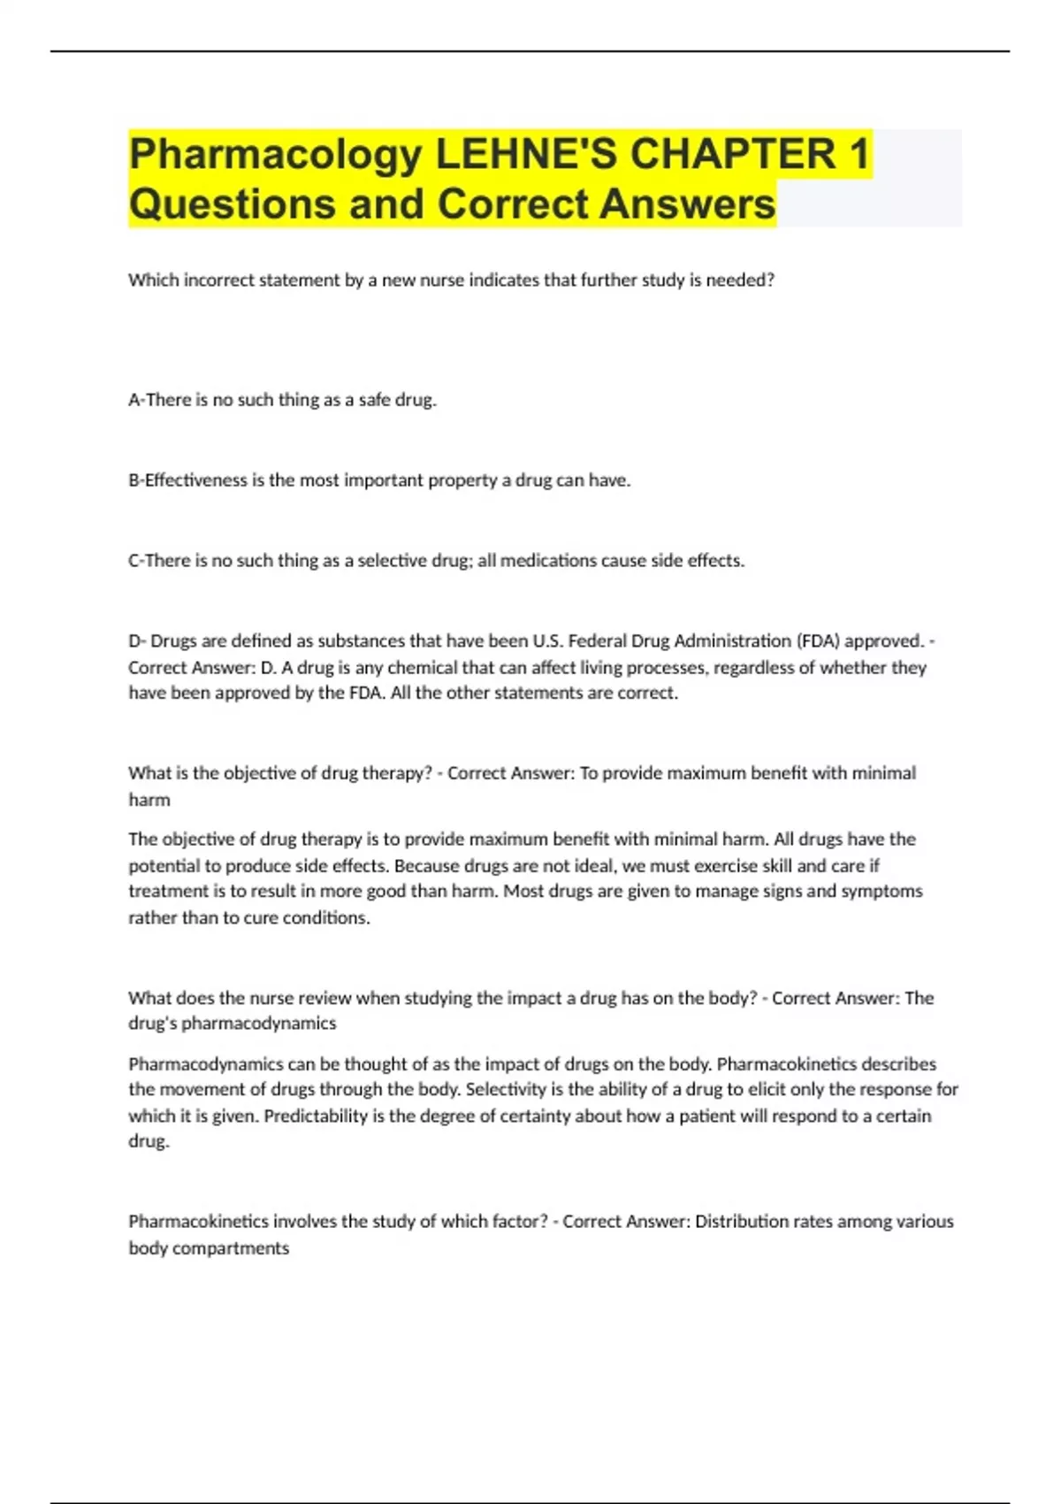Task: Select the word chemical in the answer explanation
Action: (421, 668)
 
